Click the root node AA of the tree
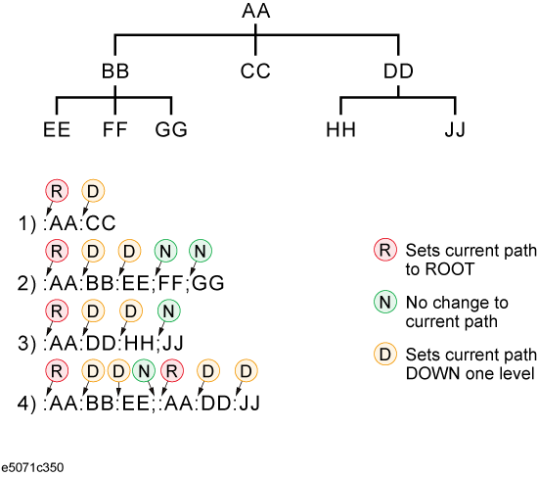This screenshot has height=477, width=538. (256, 11)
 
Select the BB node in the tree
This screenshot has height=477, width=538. (115, 72)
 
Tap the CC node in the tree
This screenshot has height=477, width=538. (255, 72)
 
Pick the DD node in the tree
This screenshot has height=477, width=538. (398, 72)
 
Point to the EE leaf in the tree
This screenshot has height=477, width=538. (57, 129)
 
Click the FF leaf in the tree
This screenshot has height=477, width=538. (115, 129)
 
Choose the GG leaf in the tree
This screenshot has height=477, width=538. (171, 129)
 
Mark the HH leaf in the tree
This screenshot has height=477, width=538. (340, 129)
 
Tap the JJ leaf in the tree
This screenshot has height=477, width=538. (455, 129)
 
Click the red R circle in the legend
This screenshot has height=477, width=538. (385, 250)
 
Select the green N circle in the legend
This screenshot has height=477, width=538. (385, 302)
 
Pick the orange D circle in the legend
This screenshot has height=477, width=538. (385, 354)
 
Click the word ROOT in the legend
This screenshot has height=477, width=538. (450, 268)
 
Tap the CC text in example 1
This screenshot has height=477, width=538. (101, 223)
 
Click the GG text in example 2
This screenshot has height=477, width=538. (208, 283)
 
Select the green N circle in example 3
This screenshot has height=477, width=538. (169, 311)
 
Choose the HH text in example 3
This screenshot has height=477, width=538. (139, 343)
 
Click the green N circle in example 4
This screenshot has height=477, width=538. (144, 371)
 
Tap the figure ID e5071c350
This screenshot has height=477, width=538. (32, 468)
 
